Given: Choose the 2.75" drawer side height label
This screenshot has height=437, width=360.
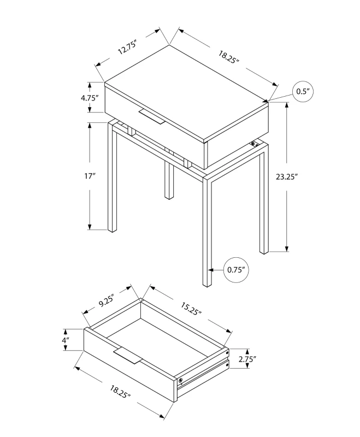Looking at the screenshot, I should point(247,359).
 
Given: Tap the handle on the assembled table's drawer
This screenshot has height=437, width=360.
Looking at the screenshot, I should point(151,117).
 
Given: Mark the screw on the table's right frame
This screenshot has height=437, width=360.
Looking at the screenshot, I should point(253,144).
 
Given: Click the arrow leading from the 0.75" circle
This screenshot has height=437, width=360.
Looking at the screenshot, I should point(217,269).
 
